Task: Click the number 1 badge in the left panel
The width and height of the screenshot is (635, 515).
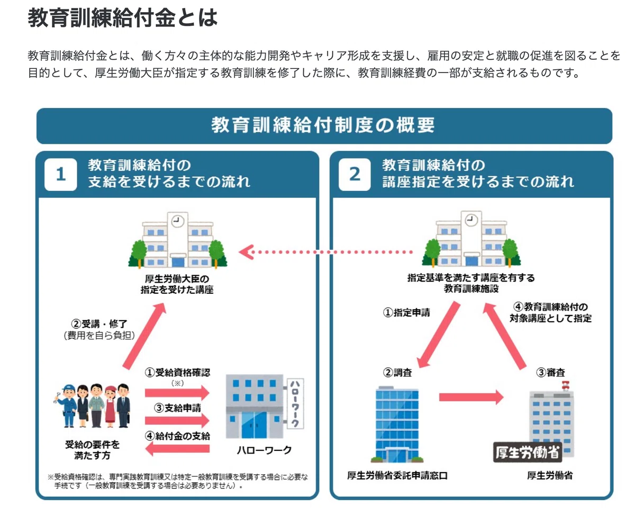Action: click(x=60, y=174)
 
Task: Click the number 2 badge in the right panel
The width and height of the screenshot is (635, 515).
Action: click(x=355, y=174)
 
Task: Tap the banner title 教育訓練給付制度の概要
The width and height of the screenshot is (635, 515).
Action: click(x=323, y=125)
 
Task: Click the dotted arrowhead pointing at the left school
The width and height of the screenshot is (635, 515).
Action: click(x=246, y=252)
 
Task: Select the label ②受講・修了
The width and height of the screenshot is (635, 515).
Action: click(x=99, y=323)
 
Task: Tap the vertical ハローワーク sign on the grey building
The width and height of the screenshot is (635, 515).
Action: click(x=295, y=404)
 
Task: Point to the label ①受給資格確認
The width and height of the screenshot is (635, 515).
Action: click(x=177, y=373)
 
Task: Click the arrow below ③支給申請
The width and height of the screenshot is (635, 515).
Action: click(x=177, y=420)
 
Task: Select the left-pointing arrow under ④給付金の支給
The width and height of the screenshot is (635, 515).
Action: click(x=177, y=449)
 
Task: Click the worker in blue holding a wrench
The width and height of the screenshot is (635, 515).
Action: click(x=67, y=406)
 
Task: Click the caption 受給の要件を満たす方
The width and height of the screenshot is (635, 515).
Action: click(x=93, y=450)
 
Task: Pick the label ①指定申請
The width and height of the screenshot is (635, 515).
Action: click(x=406, y=312)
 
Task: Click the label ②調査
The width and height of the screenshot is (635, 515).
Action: click(x=397, y=373)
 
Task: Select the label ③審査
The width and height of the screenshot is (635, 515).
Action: click(x=550, y=373)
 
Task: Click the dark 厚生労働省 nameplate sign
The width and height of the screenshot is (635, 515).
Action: click(x=528, y=452)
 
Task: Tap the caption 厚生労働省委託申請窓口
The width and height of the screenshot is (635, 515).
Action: click(x=397, y=475)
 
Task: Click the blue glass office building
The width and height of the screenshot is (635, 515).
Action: click(x=397, y=424)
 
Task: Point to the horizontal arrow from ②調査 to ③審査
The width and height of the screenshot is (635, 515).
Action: click(x=471, y=397)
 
